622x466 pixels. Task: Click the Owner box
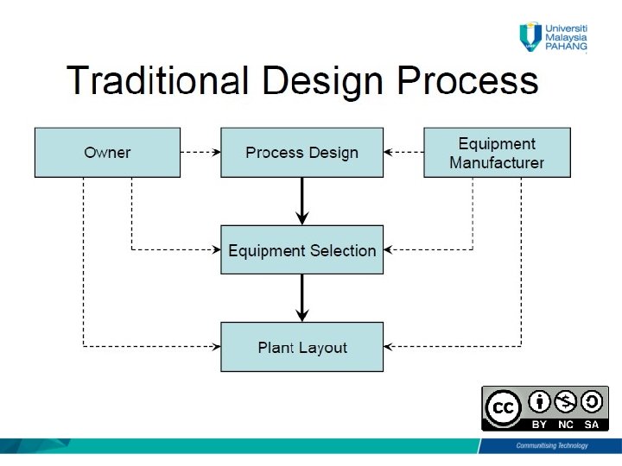(x=107, y=153)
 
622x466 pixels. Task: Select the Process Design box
(x=301, y=153)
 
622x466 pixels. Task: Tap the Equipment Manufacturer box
(x=497, y=153)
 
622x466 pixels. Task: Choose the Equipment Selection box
(x=301, y=250)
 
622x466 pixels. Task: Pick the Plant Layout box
(x=301, y=347)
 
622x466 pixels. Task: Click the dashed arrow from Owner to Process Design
(x=200, y=153)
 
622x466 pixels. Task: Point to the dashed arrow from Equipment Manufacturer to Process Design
(x=403, y=153)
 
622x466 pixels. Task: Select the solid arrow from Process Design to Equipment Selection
(x=301, y=200)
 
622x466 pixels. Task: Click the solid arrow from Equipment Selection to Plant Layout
(x=301, y=298)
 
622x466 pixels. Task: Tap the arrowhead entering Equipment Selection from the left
(x=216, y=250)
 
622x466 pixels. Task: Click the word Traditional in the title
(x=158, y=81)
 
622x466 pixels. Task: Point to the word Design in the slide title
(x=322, y=81)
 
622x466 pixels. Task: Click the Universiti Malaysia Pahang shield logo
(x=530, y=36)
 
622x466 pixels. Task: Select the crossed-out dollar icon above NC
(x=566, y=401)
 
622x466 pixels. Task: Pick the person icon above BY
(x=539, y=401)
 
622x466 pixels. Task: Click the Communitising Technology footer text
(x=551, y=445)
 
